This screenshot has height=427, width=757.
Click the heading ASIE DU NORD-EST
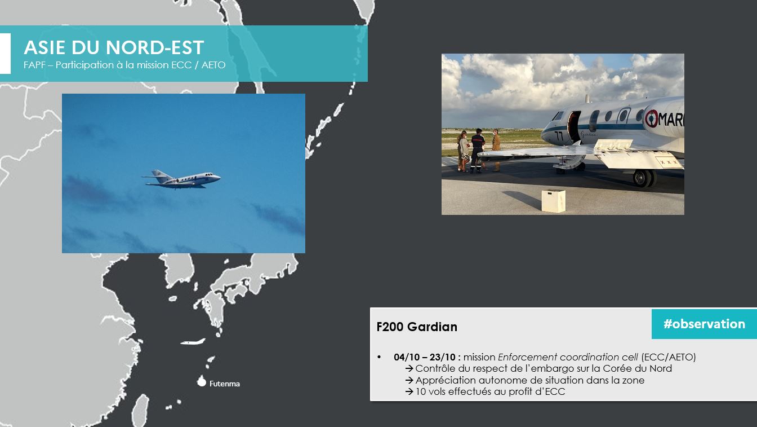coord(114,47)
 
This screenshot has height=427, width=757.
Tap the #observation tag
coord(704,324)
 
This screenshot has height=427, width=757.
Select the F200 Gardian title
coord(417,327)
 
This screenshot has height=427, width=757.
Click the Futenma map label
coord(225,384)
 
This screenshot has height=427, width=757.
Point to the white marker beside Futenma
coord(202,381)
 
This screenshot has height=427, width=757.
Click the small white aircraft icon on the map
coord(193,342)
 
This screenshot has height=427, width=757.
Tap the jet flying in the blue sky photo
coord(181,179)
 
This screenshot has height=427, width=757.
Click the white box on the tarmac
coord(553,201)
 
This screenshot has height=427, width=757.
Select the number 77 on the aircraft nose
coord(559,136)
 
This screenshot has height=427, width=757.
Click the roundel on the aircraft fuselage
coord(652,119)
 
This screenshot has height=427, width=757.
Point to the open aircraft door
coord(573,127)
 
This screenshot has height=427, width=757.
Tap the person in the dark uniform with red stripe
coord(477,150)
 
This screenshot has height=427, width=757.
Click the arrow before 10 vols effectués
coord(409,392)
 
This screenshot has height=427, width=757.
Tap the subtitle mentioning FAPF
coord(124,65)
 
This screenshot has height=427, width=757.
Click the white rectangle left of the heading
coord(6,54)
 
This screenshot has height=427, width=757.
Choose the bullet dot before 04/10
coord(379,357)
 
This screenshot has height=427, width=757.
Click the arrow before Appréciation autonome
coord(409,380)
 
